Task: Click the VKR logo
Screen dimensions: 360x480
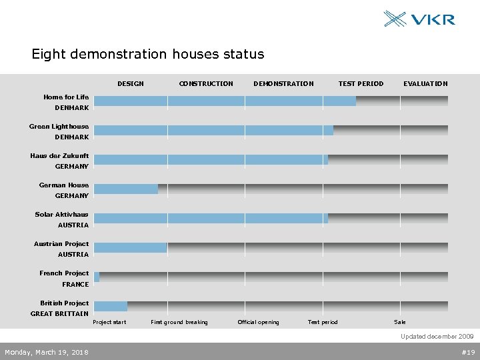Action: (419, 19)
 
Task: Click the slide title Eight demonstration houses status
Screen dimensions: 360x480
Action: (148, 55)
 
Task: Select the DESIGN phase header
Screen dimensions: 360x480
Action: (131, 84)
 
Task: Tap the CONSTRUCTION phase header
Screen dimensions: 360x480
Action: (206, 84)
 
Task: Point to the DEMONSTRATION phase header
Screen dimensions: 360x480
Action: (283, 84)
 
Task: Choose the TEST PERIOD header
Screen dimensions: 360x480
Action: (361, 84)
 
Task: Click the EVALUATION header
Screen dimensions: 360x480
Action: (425, 84)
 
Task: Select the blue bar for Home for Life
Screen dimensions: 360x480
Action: (225, 101)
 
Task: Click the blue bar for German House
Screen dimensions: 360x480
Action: (126, 189)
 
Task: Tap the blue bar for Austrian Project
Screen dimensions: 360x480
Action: (131, 248)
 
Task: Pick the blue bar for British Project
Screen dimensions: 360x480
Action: (111, 307)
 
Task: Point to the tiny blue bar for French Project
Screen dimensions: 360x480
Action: (97, 277)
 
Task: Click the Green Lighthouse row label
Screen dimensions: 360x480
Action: (59, 127)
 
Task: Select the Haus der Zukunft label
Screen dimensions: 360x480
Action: (59, 156)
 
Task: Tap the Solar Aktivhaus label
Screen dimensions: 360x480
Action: (61, 215)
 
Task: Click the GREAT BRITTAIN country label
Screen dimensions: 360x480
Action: (59, 314)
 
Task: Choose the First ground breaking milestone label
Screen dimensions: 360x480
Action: (179, 323)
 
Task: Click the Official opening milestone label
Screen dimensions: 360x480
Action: (259, 323)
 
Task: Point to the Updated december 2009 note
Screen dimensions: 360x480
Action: (437, 337)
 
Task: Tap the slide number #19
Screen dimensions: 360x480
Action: (468, 352)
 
